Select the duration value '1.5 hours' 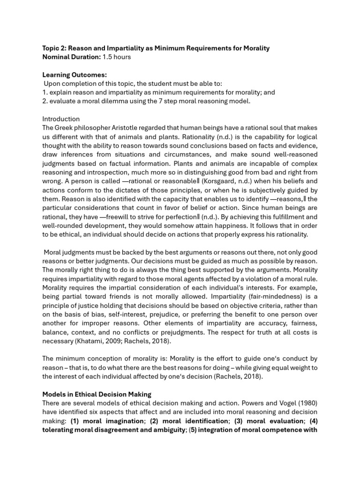tap(117, 57)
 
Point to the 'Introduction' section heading tap(61, 119)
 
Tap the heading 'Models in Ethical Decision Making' tap(97, 394)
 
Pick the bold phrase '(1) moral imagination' tap(107, 421)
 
